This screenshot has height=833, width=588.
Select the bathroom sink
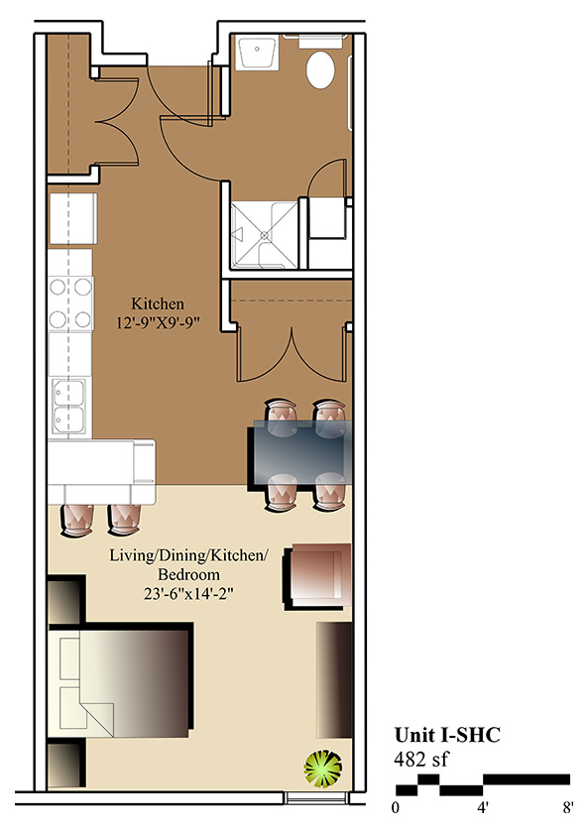tap(257, 52)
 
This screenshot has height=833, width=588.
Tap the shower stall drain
tap(264, 234)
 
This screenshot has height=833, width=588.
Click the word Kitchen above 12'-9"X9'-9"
tap(158, 303)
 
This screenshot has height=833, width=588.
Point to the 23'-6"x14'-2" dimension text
tap(188, 593)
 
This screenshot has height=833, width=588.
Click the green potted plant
tap(322, 768)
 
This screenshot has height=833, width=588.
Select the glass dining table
tap(300, 452)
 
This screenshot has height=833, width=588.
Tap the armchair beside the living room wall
tap(318, 576)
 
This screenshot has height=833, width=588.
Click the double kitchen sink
tap(68, 406)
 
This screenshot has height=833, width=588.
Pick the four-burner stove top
tap(70, 303)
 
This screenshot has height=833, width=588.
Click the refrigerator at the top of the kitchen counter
tap(72, 218)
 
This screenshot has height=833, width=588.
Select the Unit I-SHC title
tap(447, 735)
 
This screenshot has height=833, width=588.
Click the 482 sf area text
tap(420, 760)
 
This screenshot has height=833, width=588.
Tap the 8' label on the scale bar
tap(568, 808)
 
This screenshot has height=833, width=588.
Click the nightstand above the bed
tap(66, 599)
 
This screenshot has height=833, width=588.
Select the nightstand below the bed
tap(66, 764)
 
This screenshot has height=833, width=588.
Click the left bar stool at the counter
tap(77, 520)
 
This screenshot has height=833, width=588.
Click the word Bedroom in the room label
tap(188, 574)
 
